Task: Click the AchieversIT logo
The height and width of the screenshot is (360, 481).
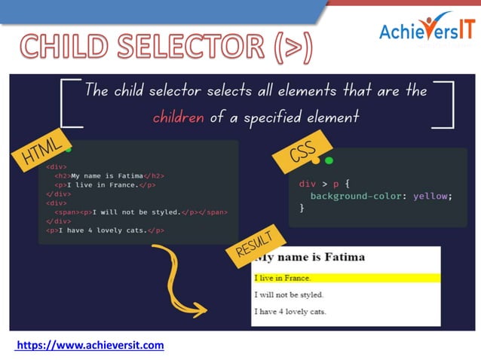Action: pyautogui.click(x=427, y=31)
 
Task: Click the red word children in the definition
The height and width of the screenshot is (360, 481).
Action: pyautogui.click(x=178, y=117)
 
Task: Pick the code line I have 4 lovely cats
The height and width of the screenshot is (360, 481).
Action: pyautogui.click(x=106, y=230)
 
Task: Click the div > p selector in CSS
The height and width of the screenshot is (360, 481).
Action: pyautogui.click(x=318, y=183)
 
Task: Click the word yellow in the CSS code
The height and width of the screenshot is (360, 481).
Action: pyautogui.click(x=432, y=196)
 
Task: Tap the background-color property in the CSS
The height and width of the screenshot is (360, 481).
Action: pyautogui.click(x=352, y=196)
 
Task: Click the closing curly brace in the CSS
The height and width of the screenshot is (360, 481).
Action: pyautogui.click(x=302, y=209)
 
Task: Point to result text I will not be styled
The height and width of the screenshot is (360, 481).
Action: pyautogui.click(x=290, y=294)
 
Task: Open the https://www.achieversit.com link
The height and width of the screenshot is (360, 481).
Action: pyautogui.click(x=90, y=345)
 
